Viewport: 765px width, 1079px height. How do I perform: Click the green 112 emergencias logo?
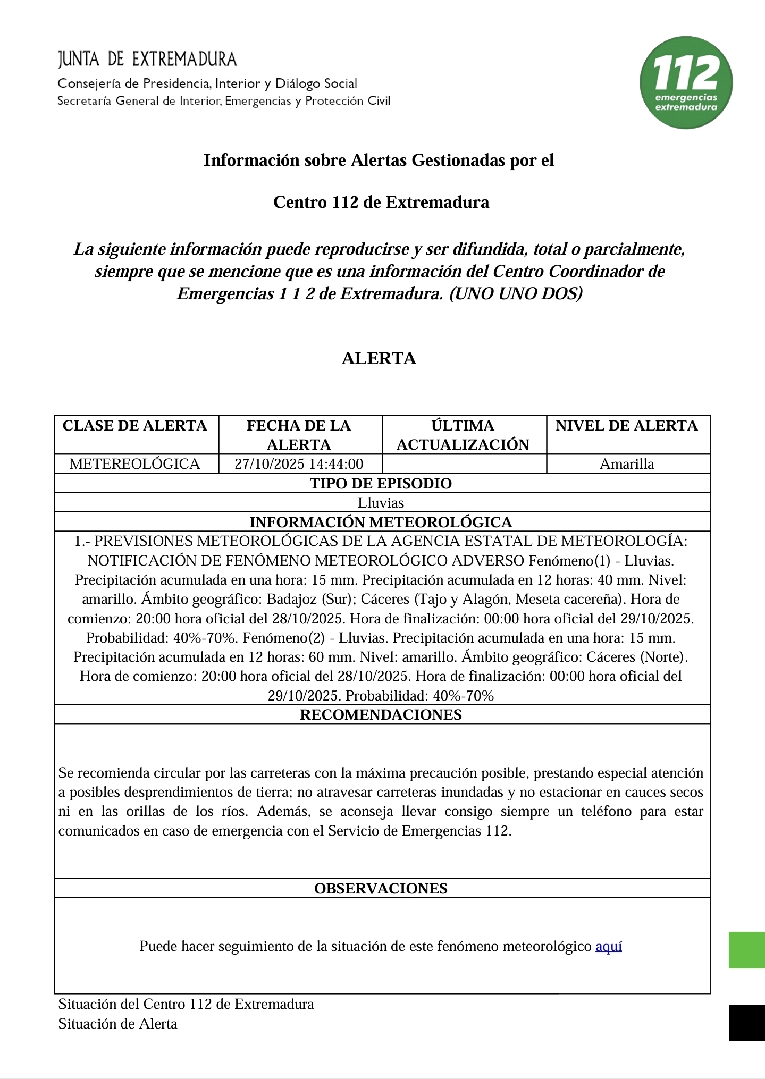tap(686, 82)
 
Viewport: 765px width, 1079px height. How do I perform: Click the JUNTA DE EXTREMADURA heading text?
tap(147, 59)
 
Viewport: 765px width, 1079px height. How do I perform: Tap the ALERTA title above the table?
tap(379, 358)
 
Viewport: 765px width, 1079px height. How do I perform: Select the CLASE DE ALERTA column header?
tap(135, 426)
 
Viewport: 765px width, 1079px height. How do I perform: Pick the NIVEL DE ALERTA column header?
tap(627, 426)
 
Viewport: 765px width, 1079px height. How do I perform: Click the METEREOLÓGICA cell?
tap(135, 464)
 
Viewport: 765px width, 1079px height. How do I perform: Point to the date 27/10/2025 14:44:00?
tap(299, 464)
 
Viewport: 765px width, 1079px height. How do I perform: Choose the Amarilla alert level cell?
tap(627, 464)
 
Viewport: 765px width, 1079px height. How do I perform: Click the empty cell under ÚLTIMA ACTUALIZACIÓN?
tap(464, 464)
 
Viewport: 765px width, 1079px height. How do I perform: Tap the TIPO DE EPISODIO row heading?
tap(381, 483)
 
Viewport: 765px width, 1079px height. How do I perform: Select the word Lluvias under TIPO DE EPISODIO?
tap(381, 503)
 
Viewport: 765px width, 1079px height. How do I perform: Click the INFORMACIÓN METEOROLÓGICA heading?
tap(381, 522)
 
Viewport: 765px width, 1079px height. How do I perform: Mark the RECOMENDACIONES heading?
tap(381, 714)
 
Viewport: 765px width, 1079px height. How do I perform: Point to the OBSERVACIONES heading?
tap(381, 889)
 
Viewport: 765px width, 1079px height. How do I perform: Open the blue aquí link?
tap(609, 947)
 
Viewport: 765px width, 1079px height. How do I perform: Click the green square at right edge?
tap(746, 950)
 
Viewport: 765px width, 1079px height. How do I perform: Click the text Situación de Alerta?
tap(117, 1024)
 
